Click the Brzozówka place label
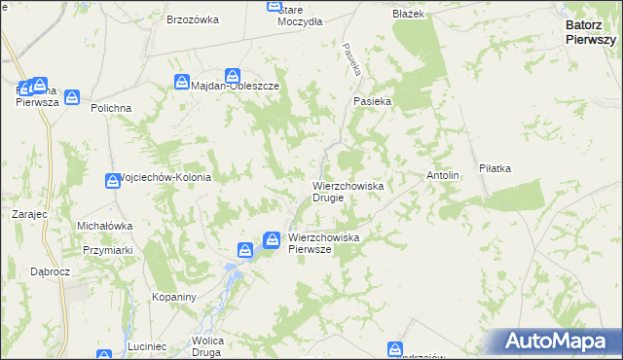[x=192, y=19]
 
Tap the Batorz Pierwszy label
[x=590, y=34]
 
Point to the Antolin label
[x=443, y=175]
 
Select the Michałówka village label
[x=104, y=226]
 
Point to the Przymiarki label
[x=107, y=249]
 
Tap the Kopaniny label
[x=175, y=296]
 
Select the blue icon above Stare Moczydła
[x=275, y=6]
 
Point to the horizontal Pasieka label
[x=372, y=100]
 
